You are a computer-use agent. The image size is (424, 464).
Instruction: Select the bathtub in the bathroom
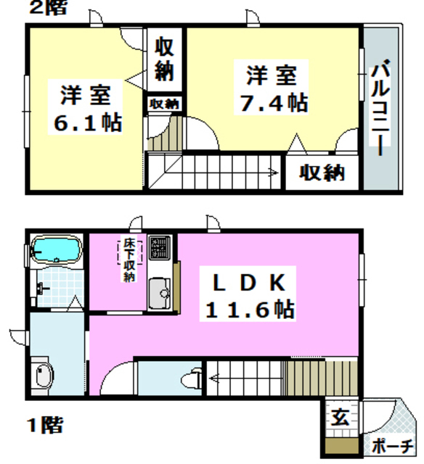tap(55, 251)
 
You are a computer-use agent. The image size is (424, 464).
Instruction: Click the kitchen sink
tap(158, 294)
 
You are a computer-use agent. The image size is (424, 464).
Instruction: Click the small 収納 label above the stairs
tap(165, 104)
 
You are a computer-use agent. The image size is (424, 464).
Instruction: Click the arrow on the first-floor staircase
tap(215, 377)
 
